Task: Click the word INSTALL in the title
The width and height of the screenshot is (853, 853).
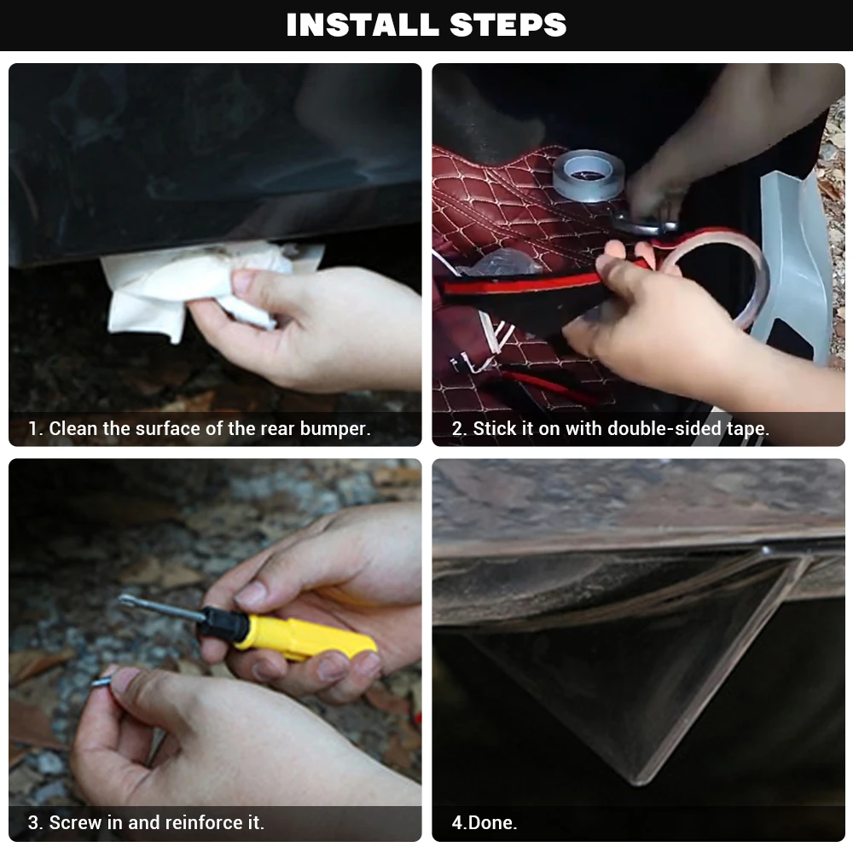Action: click(x=363, y=25)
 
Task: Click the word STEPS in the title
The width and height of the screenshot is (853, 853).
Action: click(x=508, y=25)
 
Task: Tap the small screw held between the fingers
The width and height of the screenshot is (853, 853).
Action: click(x=103, y=681)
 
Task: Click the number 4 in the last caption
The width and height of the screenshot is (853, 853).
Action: click(x=456, y=822)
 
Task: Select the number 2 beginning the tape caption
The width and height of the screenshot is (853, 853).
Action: click(x=457, y=429)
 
